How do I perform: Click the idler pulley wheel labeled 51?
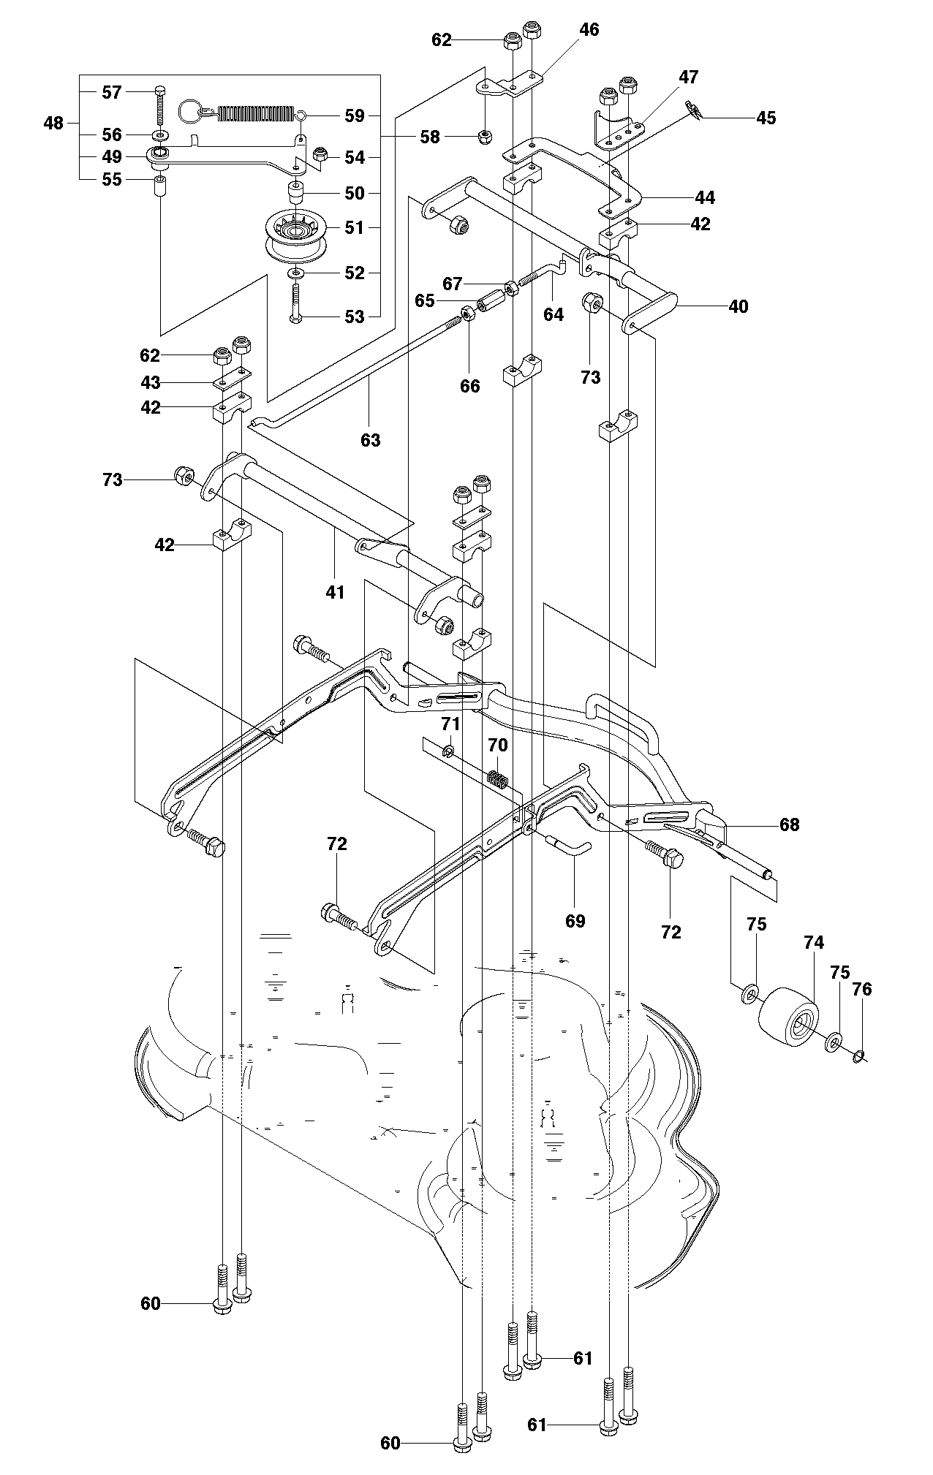295,235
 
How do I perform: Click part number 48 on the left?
53,124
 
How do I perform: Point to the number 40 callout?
739,306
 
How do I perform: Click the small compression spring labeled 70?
497,780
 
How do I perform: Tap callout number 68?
790,824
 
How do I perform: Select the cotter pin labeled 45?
695,111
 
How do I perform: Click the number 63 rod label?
371,440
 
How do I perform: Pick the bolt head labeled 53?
296,317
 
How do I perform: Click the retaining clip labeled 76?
860,1055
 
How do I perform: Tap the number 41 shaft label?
335,591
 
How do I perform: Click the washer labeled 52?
296,273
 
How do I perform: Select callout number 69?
575,920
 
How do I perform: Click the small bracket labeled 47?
618,129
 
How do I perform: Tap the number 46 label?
589,30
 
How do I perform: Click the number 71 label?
450,724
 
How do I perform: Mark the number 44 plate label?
705,197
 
